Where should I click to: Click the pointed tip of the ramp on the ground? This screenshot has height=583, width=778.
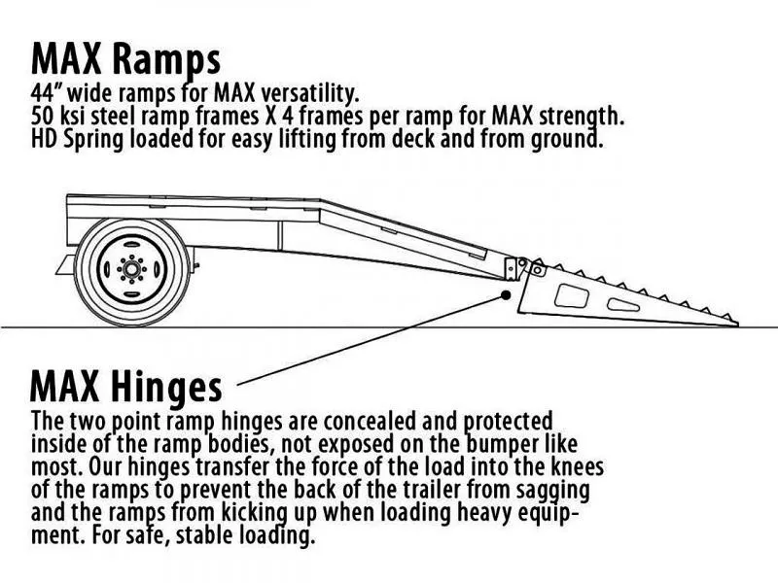click(x=736, y=325)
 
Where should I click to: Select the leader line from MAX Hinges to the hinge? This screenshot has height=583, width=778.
click(x=370, y=341)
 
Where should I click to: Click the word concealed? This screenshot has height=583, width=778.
click(x=341, y=421)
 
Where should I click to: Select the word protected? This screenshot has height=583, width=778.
click(x=508, y=421)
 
